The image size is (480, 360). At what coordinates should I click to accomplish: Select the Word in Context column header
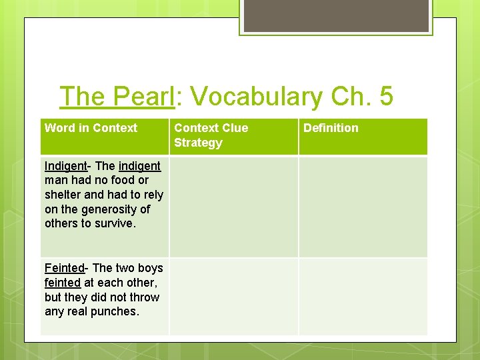(x=91, y=128)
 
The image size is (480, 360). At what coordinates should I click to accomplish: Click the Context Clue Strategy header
(x=211, y=135)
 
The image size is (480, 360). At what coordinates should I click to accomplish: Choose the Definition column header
(x=331, y=128)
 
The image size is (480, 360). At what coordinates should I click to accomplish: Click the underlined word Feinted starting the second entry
(x=64, y=268)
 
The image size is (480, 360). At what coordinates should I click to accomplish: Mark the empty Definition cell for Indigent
(x=363, y=207)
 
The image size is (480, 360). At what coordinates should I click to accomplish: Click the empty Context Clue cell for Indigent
(x=233, y=207)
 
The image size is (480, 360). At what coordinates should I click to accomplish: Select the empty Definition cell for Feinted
(x=363, y=296)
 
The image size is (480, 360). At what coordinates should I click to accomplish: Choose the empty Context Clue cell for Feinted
(x=233, y=296)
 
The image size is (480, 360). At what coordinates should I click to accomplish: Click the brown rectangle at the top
(x=336, y=16)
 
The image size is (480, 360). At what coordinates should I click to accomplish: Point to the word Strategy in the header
(x=198, y=143)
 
